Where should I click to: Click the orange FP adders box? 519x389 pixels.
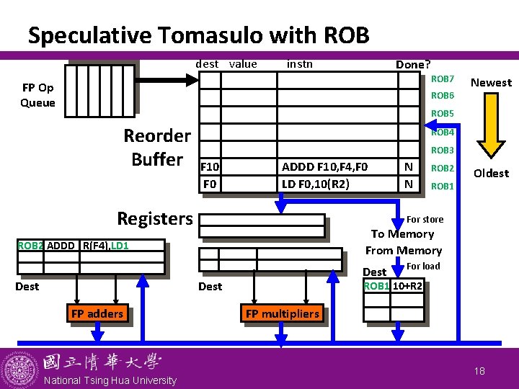tap(97, 313)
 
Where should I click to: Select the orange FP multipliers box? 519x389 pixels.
tap(283, 313)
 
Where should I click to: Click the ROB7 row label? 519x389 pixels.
tap(442, 79)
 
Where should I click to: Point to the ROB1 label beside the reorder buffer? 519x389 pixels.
tap(442, 187)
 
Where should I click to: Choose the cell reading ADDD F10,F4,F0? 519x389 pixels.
tap(337, 166)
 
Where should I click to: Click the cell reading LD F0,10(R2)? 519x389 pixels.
tap(337, 184)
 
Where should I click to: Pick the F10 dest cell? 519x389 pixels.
tap(210, 166)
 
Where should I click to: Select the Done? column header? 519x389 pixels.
tap(413, 65)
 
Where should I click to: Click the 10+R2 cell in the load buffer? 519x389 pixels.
tap(407, 286)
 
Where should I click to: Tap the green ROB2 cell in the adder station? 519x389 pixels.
tap(30, 246)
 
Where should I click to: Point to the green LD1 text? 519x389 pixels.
tap(120, 246)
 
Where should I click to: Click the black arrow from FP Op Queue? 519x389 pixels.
tap(167, 80)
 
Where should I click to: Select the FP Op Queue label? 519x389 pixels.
tap(37, 95)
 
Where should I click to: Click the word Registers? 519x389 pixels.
tap(155, 219)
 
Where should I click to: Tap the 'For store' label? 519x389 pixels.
tap(425, 219)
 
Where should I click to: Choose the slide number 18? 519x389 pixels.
tap(479, 371)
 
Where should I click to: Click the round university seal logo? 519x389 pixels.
tap(19, 370)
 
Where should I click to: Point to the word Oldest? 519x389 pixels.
tap(491, 174)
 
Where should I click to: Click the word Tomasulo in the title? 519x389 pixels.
tap(211, 35)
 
